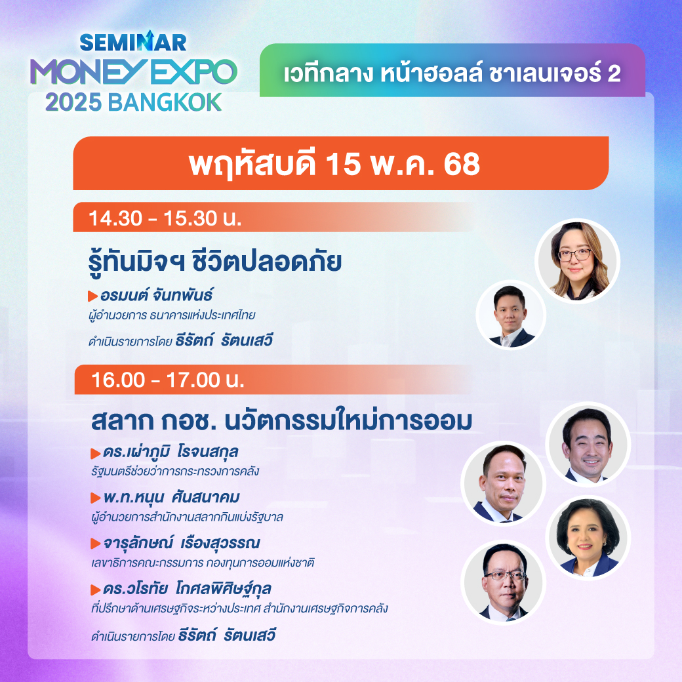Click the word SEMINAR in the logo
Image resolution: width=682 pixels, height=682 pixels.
[133, 41]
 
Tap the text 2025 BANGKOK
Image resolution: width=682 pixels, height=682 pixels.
[134, 103]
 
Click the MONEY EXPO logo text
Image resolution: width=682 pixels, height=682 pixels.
[134, 71]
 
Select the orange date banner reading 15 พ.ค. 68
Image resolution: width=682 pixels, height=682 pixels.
[340, 163]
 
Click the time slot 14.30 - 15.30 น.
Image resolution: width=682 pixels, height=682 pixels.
[165, 218]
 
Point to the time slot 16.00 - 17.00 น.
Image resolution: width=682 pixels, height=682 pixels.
[168, 380]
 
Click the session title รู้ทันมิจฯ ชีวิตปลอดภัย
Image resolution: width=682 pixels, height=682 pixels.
[215, 262]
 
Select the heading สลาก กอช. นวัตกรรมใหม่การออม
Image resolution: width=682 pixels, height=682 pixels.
[281, 420]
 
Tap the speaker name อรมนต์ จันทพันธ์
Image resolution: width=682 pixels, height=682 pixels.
[157, 295]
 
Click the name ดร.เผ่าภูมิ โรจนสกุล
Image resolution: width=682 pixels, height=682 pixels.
[170, 452]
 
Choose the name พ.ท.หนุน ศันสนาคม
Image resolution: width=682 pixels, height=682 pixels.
[171, 497]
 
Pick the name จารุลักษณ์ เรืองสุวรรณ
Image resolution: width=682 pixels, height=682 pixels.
[182, 543]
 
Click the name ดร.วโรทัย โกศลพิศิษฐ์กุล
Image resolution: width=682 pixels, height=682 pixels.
[187, 588]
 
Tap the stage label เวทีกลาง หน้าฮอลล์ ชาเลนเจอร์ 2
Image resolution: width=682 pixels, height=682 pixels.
[452, 73]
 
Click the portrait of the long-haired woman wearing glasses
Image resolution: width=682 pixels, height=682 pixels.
[577, 261]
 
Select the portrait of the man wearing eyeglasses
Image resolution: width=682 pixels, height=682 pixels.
[503, 582]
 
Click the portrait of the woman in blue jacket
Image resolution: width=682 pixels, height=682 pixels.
[588, 538]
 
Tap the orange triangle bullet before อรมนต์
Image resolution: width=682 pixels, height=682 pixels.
[92, 296]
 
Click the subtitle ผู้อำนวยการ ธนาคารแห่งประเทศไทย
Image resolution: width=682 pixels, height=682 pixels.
[172, 315]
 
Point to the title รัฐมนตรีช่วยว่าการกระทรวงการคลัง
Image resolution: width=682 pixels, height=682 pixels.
[175, 471]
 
